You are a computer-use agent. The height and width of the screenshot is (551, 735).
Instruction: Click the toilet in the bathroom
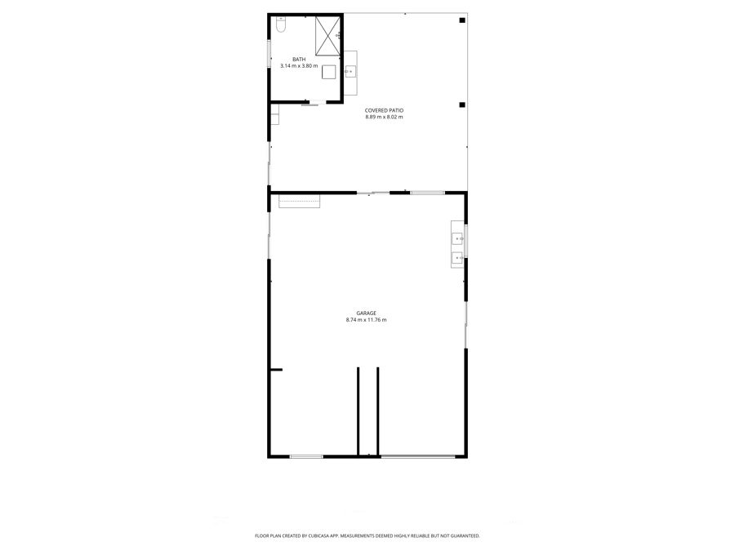pyautogui.click(x=280, y=24)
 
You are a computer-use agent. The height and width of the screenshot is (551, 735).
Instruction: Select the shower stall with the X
pyautogui.click(x=327, y=36)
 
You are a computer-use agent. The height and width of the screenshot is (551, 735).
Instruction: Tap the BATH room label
pyautogui.click(x=299, y=60)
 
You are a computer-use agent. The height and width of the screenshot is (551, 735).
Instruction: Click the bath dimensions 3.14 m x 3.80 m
pyautogui.click(x=299, y=66)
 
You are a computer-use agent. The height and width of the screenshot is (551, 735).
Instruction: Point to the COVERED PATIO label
pyautogui.click(x=384, y=110)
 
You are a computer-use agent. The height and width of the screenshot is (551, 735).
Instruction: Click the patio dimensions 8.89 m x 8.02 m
pyautogui.click(x=384, y=117)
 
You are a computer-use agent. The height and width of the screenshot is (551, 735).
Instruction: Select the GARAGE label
pyautogui.click(x=366, y=313)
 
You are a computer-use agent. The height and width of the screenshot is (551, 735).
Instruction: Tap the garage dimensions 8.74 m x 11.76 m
pyautogui.click(x=366, y=320)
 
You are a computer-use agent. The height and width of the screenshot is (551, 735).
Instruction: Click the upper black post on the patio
pyautogui.click(x=461, y=20)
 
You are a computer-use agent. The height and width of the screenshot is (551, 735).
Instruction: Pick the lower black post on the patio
pyautogui.click(x=461, y=105)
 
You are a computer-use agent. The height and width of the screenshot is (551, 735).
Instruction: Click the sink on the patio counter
pyautogui.click(x=350, y=72)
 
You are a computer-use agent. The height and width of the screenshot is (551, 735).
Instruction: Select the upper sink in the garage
pyautogui.click(x=457, y=239)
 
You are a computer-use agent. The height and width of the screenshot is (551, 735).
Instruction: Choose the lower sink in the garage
pyautogui.click(x=457, y=258)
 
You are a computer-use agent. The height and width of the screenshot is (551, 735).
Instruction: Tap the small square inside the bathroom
pyautogui.click(x=328, y=72)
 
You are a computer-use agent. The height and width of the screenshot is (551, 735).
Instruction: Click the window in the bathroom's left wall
pyautogui.click(x=269, y=53)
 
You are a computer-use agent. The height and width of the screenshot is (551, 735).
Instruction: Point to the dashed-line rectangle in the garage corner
pyautogui.click(x=300, y=201)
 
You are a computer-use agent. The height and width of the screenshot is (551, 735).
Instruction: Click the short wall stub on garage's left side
pyautogui.click(x=276, y=370)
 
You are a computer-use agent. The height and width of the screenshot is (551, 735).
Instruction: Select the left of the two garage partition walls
pyautogui.click(x=359, y=411)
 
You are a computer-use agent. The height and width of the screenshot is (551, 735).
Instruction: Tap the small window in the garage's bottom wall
pyautogui.click(x=306, y=456)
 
